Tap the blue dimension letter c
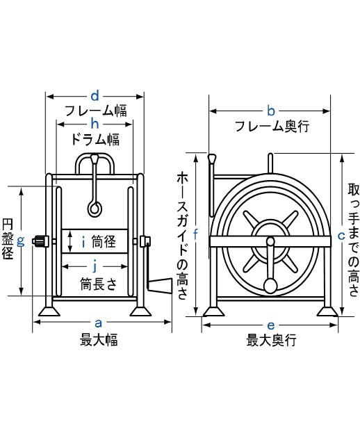[341, 235]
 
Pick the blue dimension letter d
[95, 95]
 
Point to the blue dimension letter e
[271, 324]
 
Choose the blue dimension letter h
[95, 124]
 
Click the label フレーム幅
[95, 111]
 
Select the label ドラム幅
[95, 139]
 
